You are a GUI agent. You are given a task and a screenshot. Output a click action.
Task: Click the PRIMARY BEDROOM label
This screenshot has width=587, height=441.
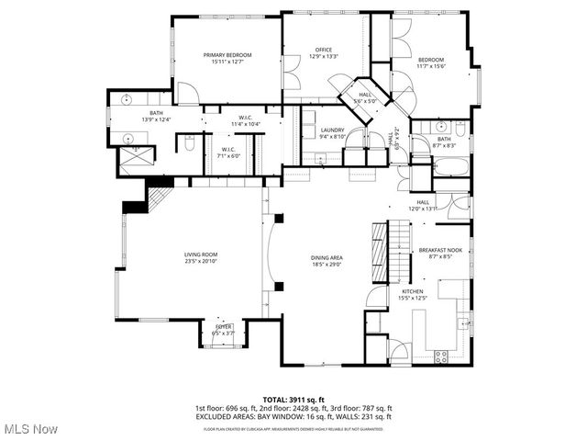click(x=227, y=55)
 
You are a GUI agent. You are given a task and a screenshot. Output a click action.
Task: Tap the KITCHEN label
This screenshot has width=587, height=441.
click(x=412, y=290)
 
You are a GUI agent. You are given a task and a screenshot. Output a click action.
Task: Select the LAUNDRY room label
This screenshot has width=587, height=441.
click(x=332, y=130)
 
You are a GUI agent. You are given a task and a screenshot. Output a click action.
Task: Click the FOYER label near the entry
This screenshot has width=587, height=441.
click(x=223, y=326)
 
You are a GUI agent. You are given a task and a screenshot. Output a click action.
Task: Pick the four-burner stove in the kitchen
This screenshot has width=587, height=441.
click(x=440, y=356)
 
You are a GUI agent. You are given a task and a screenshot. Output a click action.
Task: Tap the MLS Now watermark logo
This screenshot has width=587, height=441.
click(x=30, y=429)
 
